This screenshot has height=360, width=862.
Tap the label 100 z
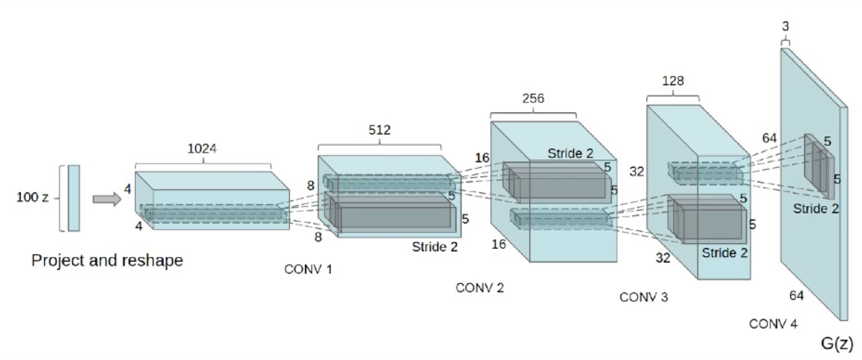tap(32, 197)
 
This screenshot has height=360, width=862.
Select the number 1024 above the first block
tap(202, 149)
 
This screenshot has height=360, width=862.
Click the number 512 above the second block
tap(379, 130)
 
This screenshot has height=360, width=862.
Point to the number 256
tap(533, 99)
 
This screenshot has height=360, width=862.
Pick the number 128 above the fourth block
tap(673, 81)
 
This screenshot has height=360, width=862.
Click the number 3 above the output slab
tap(785, 26)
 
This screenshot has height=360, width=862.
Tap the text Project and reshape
tap(107, 260)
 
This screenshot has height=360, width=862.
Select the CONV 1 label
tap(308, 269)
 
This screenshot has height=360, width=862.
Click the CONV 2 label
tap(479, 288)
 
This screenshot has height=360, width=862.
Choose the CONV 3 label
tap(643, 297)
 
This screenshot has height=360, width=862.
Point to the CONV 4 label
tap(773, 324)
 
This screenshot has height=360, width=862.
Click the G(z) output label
tap(837, 342)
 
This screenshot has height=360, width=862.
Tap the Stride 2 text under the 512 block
tap(435, 247)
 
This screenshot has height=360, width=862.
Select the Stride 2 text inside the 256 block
tap(570, 153)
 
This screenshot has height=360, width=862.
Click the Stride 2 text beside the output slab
tap(816, 209)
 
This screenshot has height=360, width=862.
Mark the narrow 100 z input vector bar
tap(74, 198)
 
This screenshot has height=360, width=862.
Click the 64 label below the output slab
tap(797, 296)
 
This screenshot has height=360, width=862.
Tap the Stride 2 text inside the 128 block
tap(724, 253)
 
